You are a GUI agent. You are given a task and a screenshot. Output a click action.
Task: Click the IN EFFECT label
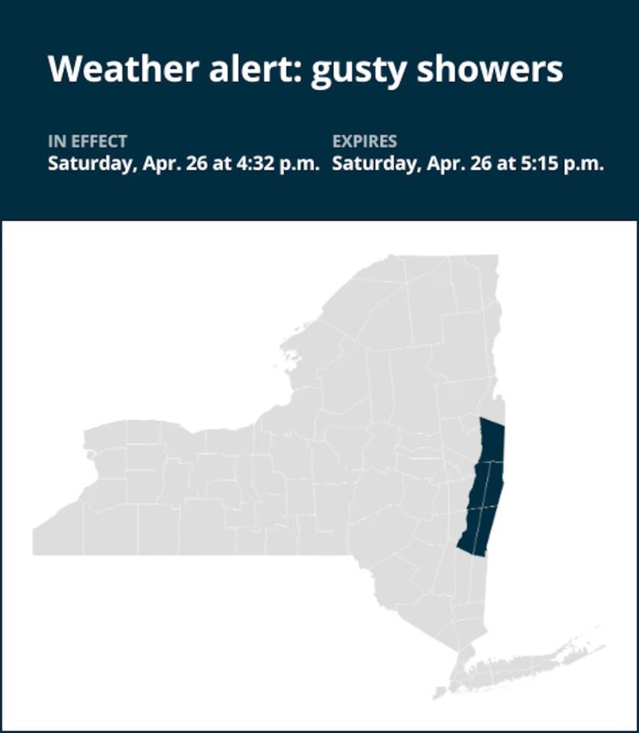click(x=87, y=141)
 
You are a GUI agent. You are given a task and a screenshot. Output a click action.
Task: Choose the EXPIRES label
click(x=365, y=141)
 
